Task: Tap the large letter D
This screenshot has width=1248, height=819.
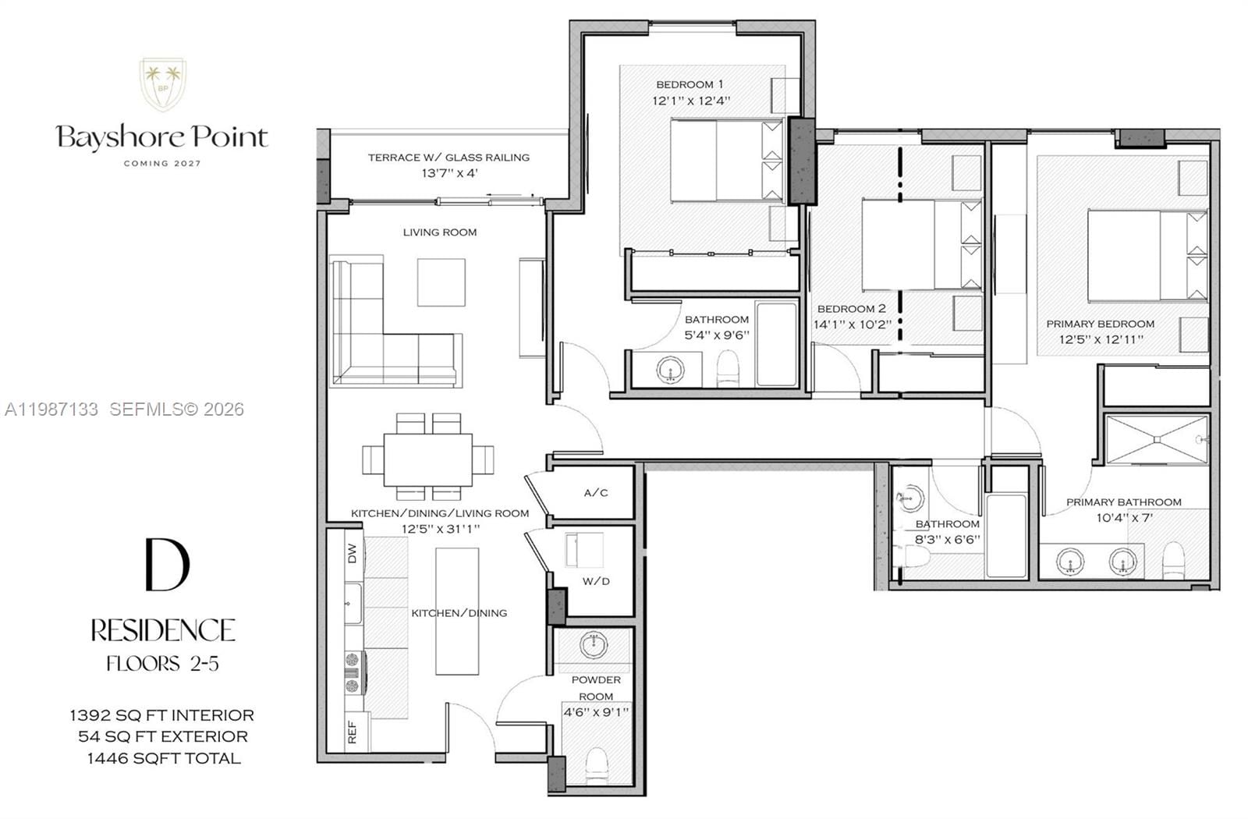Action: pos(167,564)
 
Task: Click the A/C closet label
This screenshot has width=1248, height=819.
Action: pos(596,493)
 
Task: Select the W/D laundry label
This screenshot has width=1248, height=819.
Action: pos(596,581)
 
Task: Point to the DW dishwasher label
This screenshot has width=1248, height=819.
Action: pos(352,553)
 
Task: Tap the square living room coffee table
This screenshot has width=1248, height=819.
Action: pos(441,282)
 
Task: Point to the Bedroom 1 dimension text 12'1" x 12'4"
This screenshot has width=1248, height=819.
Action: pos(691,101)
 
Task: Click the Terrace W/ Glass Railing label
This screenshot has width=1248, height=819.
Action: pos(448,158)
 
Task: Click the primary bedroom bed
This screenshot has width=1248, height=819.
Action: pos(1147,255)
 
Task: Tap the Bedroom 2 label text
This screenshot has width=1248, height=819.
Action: pos(851,309)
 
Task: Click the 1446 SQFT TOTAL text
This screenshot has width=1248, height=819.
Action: pos(164,758)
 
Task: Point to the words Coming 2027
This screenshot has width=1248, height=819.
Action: pos(162,163)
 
